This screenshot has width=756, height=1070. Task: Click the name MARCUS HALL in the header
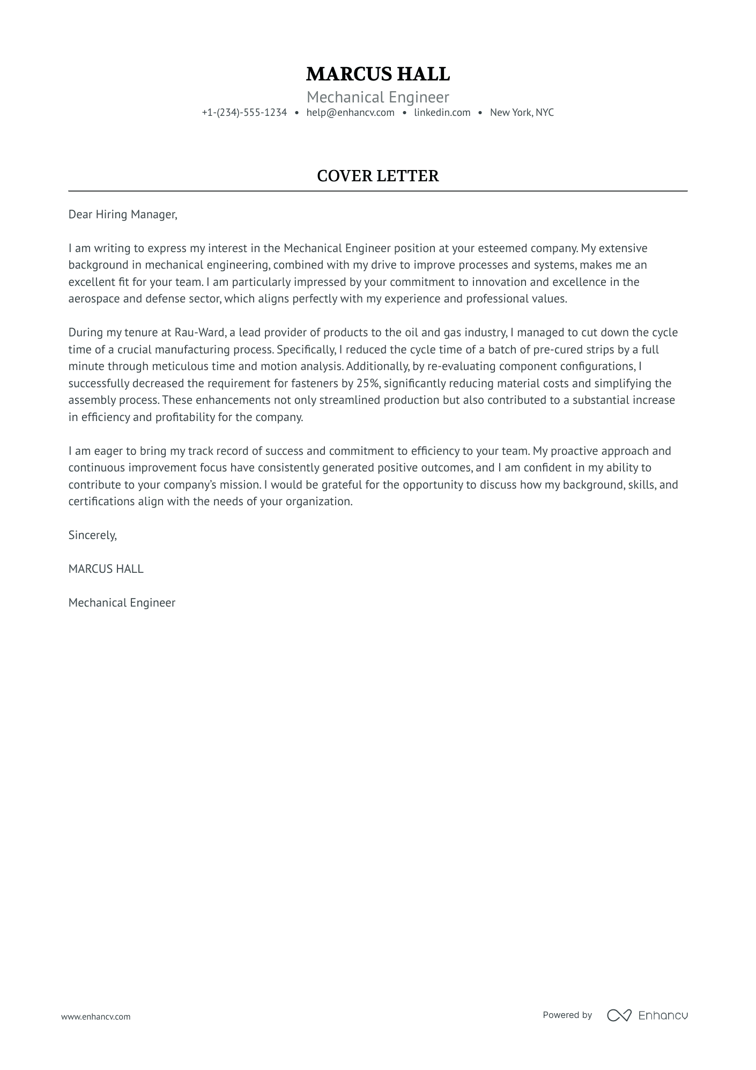coord(377,74)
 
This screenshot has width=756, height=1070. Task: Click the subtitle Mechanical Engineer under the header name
coord(377,97)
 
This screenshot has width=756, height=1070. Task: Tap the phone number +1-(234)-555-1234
coord(244,113)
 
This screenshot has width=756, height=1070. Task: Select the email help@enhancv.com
coord(350,113)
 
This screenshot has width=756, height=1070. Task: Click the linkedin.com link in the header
coord(442,113)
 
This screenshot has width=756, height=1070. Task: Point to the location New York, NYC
coord(521,113)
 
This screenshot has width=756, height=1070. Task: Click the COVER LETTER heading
coord(377,176)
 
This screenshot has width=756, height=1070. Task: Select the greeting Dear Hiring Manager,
coord(122,215)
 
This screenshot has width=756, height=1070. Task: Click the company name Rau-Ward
coord(199,333)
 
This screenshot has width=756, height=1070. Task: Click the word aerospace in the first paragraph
coord(94,299)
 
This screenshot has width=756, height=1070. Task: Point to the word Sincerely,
coord(92,535)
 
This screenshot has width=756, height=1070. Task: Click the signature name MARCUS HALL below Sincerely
coord(106,569)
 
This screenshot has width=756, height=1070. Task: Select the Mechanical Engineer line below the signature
coord(122,603)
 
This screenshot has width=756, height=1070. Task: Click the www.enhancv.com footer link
coord(95,1016)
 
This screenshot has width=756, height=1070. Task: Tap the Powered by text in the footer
coord(567,1015)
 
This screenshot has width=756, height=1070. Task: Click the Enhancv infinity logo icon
coord(619,1015)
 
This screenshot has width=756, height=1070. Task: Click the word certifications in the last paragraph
coord(101,501)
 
